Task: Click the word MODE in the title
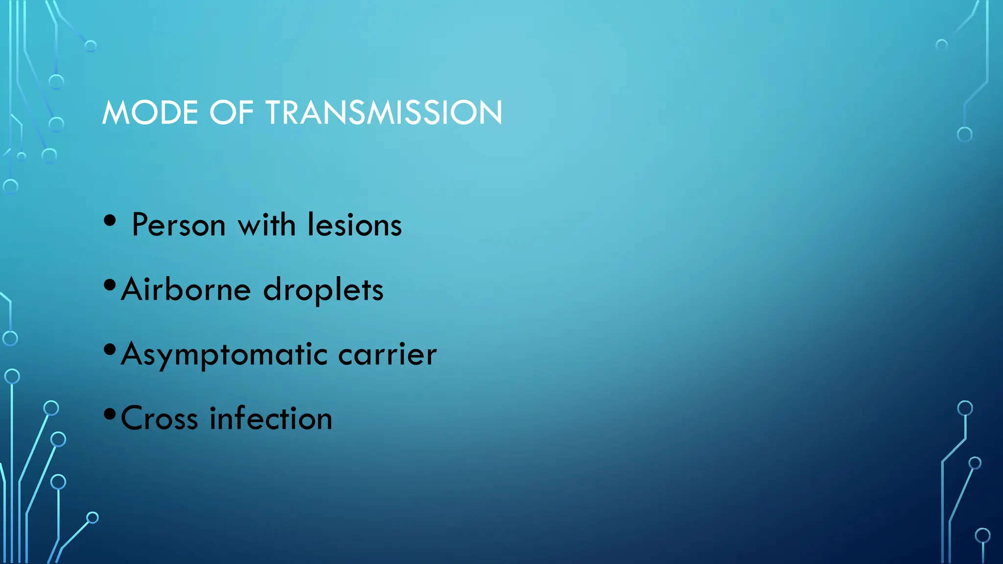coord(150,113)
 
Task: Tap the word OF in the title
coord(231,113)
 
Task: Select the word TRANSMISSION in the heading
coord(383,113)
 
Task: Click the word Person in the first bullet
coord(179,225)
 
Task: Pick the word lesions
coord(355,225)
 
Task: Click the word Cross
coord(160,419)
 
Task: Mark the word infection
coord(271,419)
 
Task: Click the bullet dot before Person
coord(110,220)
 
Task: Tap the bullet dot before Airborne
coord(110,284)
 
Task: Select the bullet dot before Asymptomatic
coord(110,350)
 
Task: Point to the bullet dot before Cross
coord(110,414)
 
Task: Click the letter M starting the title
coord(115,113)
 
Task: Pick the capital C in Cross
coord(133,419)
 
